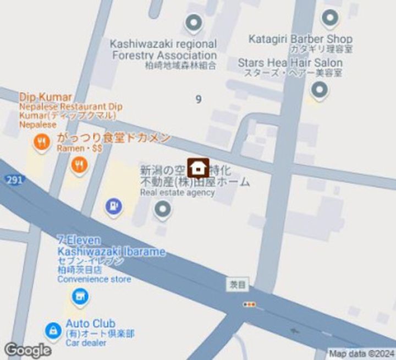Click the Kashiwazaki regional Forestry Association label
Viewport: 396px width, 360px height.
click(x=164, y=50)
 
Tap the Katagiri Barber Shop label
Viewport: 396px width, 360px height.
click(x=300, y=39)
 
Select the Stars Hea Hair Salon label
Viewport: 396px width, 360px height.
click(x=290, y=63)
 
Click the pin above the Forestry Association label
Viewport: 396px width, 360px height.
click(x=193, y=23)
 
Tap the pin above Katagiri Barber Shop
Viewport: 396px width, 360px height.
click(x=330, y=18)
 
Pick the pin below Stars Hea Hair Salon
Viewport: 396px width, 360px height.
click(x=319, y=89)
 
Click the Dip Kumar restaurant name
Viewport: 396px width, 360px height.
click(x=45, y=97)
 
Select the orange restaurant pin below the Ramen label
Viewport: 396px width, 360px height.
click(x=80, y=163)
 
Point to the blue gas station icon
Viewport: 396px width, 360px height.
click(x=113, y=206)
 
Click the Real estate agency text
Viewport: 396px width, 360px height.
click(x=177, y=192)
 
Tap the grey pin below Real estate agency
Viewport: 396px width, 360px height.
click(x=162, y=209)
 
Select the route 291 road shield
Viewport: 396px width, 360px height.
click(x=14, y=179)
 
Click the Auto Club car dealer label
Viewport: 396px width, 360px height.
click(x=90, y=323)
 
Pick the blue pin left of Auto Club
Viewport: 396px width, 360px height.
click(x=53, y=330)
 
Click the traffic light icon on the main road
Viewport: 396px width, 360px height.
click(x=250, y=304)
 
